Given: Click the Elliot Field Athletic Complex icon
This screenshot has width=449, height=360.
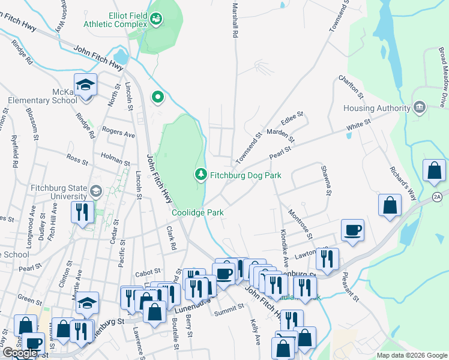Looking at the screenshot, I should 157,20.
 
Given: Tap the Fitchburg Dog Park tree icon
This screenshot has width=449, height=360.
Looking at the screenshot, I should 200,175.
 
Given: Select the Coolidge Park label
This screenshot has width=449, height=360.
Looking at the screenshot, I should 197,212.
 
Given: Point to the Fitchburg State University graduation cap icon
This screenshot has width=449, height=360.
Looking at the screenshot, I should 95,191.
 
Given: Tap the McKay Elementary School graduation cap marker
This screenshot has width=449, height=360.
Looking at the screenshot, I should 86,85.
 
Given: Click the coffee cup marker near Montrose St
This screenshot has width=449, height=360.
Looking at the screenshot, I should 352,230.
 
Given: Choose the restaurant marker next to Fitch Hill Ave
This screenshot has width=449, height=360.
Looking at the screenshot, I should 81,212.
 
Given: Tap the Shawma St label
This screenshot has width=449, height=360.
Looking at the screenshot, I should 326,181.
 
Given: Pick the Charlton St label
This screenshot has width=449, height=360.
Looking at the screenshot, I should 351,87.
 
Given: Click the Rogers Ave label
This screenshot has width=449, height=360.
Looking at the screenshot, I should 118,133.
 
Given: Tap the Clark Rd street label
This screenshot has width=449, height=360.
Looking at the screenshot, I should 171,238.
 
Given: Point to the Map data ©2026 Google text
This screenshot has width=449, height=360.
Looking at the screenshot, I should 411,355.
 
